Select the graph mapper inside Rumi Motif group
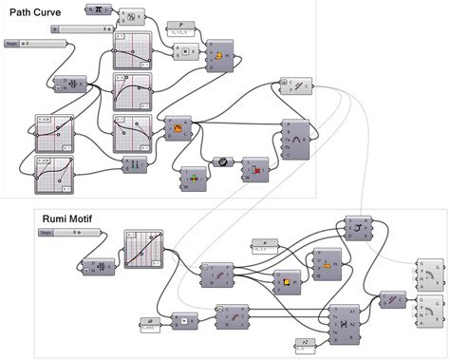[x=144, y=251]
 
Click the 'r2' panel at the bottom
[x=306, y=343]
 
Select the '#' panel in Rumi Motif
[x=266, y=245]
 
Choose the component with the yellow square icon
[x=282, y=278]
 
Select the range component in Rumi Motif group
[x=98, y=267]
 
